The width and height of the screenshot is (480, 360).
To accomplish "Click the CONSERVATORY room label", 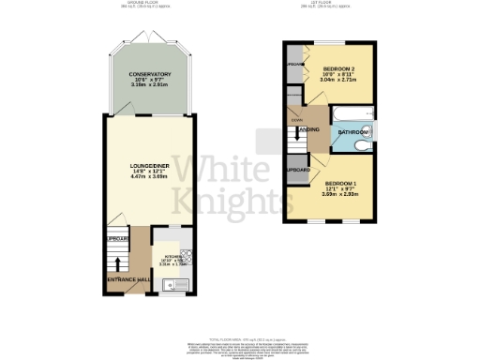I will (150, 73).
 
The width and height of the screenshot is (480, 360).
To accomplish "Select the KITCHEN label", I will (172, 255).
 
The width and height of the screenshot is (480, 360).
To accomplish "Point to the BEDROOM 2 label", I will (339, 69).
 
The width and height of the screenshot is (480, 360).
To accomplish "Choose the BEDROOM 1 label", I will (340, 183).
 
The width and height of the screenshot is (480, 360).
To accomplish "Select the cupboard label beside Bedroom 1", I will (298, 170).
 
